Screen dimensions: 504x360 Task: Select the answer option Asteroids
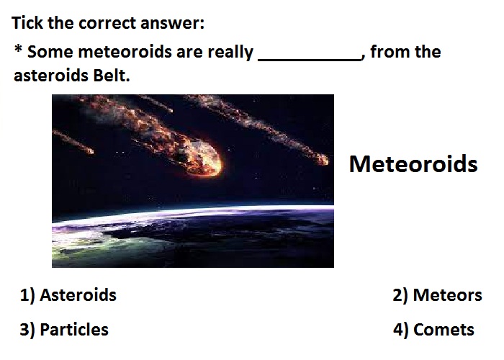(78, 294)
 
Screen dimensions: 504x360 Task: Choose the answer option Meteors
(447, 294)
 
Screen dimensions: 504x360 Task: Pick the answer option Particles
(74, 330)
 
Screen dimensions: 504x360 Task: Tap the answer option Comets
(444, 330)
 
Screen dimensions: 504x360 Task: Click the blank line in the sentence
(310, 60)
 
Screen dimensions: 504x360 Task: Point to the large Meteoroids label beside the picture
(413, 164)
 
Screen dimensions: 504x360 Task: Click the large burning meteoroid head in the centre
(202, 159)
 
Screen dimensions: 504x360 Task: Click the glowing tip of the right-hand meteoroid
(323, 159)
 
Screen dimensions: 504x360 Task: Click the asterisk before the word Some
(18, 49)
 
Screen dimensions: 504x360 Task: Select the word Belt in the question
(111, 76)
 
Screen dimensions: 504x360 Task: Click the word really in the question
(230, 53)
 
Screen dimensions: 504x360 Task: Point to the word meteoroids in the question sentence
(125, 51)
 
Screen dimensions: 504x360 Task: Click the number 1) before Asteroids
(27, 295)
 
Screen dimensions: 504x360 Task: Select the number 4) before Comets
(401, 330)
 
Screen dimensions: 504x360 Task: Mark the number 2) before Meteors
(400, 295)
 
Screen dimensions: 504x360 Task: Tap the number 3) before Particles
(27, 330)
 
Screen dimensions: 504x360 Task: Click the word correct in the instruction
(107, 24)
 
